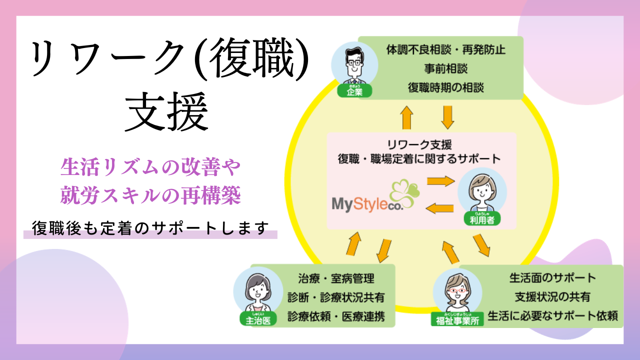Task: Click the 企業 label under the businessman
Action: pos(354,91)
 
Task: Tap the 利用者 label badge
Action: pos(482,219)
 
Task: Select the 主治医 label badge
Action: pos(258,320)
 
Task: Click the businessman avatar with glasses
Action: pos(354,65)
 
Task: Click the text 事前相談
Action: pos(440,68)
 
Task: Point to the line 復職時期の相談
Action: pos(440,87)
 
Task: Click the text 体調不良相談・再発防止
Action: pos(440,50)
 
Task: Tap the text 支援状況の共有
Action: pos(552,296)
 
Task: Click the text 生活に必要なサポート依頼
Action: pos(552,316)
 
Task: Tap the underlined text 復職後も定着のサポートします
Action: pos(148,227)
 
